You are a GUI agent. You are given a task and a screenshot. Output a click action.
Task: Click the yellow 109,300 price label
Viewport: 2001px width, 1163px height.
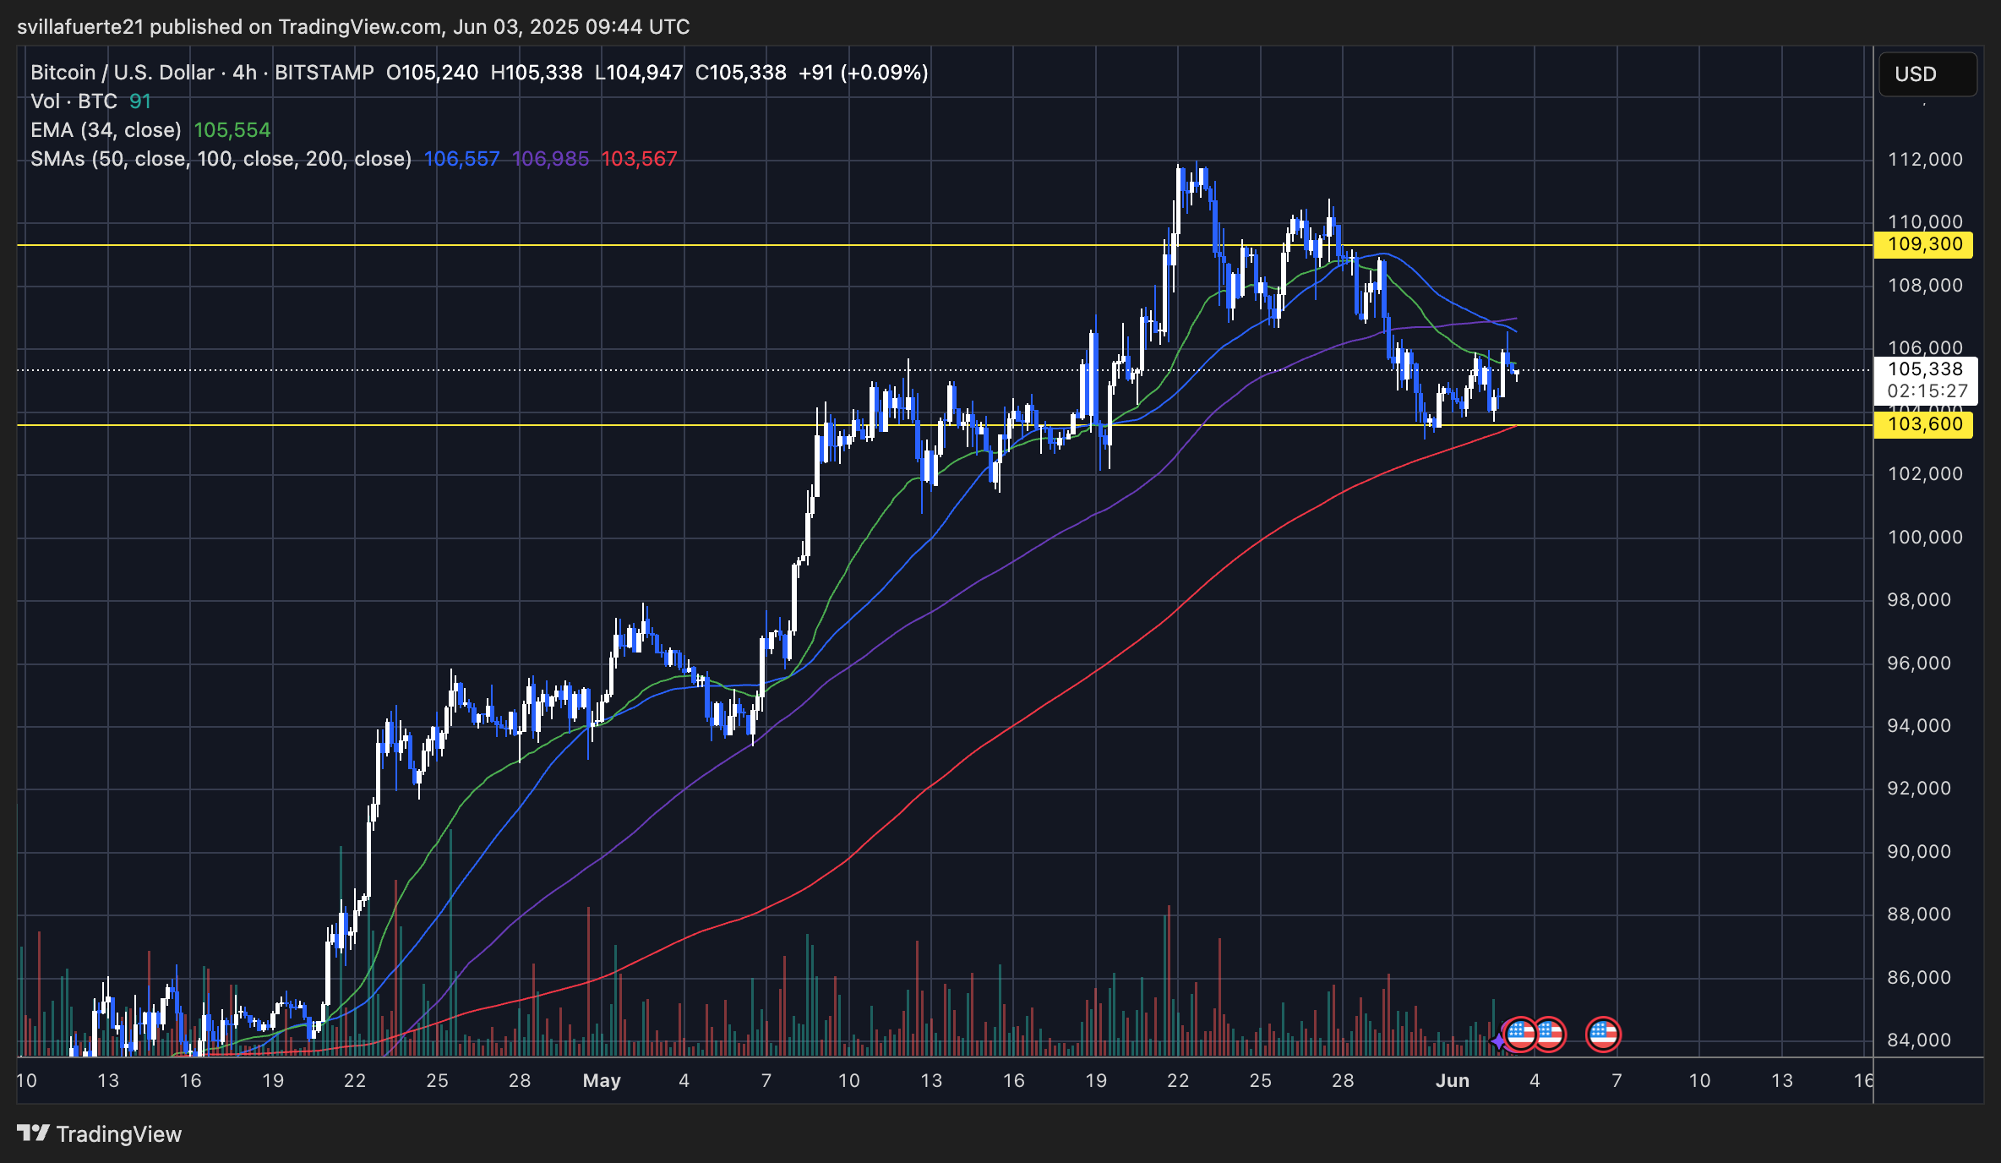click(x=1924, y=245)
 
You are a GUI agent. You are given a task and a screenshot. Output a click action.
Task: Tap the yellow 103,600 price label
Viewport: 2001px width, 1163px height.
click(x=1924, y=424)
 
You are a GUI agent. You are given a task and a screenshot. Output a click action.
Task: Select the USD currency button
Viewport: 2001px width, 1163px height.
click(x=1927, y=74)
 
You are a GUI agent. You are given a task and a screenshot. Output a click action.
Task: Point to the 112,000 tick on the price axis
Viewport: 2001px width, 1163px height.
click(x=1925, y=160)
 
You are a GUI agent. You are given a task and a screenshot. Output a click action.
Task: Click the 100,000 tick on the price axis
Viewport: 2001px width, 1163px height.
click(x=1925, y=538)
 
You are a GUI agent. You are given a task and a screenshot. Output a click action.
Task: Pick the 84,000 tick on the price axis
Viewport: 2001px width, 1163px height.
click(x=1919, y=1040)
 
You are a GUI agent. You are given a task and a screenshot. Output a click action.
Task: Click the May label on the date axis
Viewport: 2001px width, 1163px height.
click(x=602, y=1081)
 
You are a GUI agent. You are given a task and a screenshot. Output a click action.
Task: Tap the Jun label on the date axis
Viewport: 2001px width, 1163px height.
click(x=1453, y=1081)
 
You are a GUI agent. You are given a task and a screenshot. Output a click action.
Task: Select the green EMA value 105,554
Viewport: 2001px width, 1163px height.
click(x=232, y=130)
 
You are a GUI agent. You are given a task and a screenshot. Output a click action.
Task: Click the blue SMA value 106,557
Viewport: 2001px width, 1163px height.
click(x=461, y=159)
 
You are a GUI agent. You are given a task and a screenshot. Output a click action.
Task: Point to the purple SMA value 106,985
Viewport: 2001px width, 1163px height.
click(x=550, y=159)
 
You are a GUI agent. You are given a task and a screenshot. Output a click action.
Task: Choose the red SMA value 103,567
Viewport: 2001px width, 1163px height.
click(x=639, y=159)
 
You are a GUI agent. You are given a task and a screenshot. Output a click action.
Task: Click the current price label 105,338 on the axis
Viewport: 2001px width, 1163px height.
click(x=1925, y=369)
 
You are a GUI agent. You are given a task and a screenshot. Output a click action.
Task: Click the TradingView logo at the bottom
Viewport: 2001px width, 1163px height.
click(x=100, y=1134)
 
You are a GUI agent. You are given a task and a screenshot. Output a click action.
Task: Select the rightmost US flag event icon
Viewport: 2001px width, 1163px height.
click(x=1603, y=1034)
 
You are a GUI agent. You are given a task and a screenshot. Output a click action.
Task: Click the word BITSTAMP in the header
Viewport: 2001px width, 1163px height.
click(x=324, y=73)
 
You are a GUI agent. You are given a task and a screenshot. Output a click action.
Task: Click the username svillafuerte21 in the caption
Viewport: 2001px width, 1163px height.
click(x=80, y=27)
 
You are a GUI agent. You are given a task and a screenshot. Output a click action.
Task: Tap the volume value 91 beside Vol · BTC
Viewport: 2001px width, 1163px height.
click(x=140, y=101)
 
